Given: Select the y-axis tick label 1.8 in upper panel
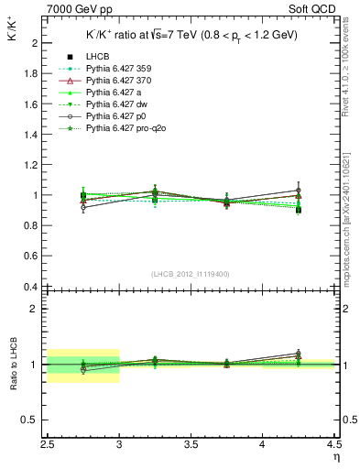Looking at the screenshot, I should (x=31, y=73).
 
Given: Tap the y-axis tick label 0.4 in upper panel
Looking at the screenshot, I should (x=31, y=287).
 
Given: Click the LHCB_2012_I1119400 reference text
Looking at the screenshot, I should (x=191, y=273).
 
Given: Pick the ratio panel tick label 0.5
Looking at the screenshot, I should (x=31, y=420).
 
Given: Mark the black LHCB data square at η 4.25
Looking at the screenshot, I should (x=299, y=210).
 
